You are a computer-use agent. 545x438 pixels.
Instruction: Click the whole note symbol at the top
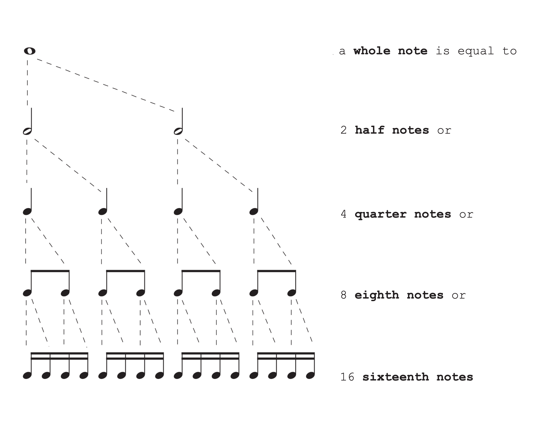[x=29, y=51]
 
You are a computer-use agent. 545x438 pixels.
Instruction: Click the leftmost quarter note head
[x=27, y=211]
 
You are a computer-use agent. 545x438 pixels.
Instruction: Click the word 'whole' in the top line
[x=372, y=51]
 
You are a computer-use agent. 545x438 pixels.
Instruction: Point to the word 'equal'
[x=475, y=51]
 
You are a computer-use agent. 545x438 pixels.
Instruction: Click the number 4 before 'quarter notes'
[x=343, y=214]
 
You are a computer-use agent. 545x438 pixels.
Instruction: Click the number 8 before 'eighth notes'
[x=343, y=295]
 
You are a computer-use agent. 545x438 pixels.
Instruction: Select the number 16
[x=347, y=377]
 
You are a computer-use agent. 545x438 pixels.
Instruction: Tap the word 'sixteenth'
[x=396, y=377]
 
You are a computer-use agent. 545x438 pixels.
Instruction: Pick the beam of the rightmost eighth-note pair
[x=277, y=271]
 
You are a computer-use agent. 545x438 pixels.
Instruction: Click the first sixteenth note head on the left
[x=27, y=376]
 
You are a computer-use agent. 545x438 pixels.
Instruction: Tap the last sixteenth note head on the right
[x=310, y=376]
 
